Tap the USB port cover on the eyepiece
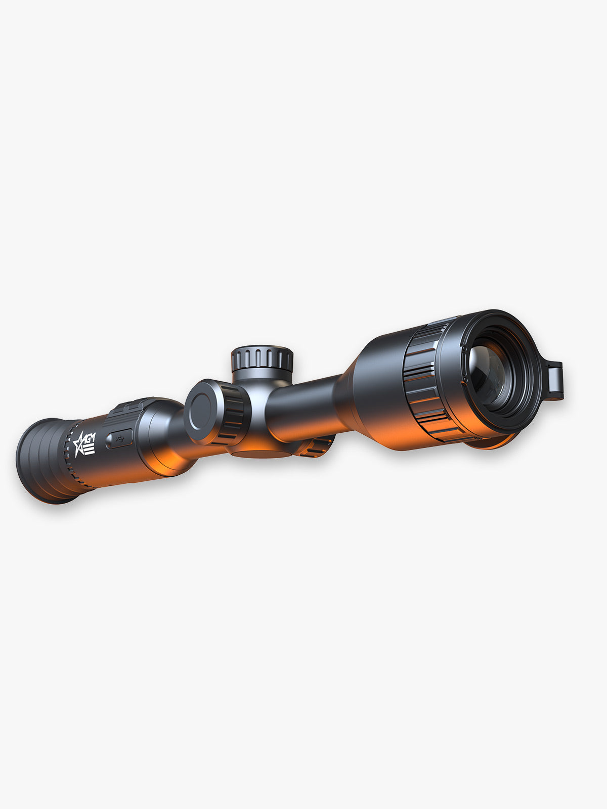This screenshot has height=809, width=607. click(x=119, y=438)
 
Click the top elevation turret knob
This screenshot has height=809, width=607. click(x=262, y=358)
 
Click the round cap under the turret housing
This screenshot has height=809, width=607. click(x=263, y=453)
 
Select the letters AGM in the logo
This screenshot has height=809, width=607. click(x=89, y=438)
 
